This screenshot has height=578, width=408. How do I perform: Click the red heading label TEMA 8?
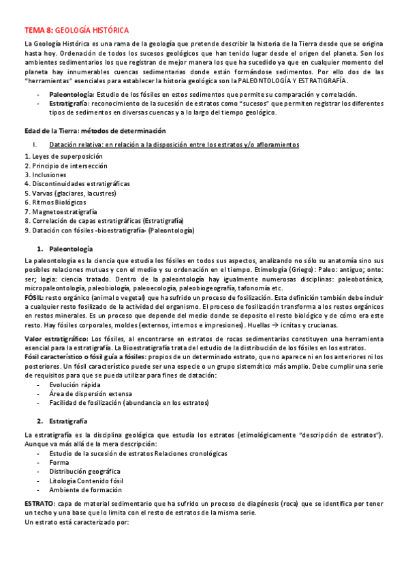38,31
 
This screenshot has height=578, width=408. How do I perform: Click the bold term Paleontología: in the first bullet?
72,93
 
